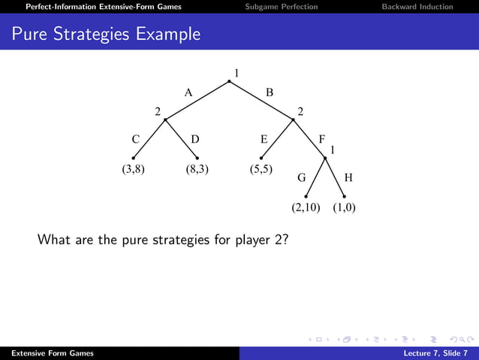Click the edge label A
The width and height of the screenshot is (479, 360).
pos(189,92)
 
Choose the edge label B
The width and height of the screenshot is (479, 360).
pos(270,92)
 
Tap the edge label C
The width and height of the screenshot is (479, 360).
pos(135,139)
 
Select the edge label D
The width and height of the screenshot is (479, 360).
pos(195,139)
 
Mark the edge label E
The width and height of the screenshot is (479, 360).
pos(264,139)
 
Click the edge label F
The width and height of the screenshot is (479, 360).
pos(322,139)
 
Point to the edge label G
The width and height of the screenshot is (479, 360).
pos(302,179)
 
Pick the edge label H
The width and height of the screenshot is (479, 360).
pos(348,179)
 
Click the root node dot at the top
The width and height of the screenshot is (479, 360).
pos(229,81)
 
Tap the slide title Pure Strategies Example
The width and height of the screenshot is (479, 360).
pos(107,34)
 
